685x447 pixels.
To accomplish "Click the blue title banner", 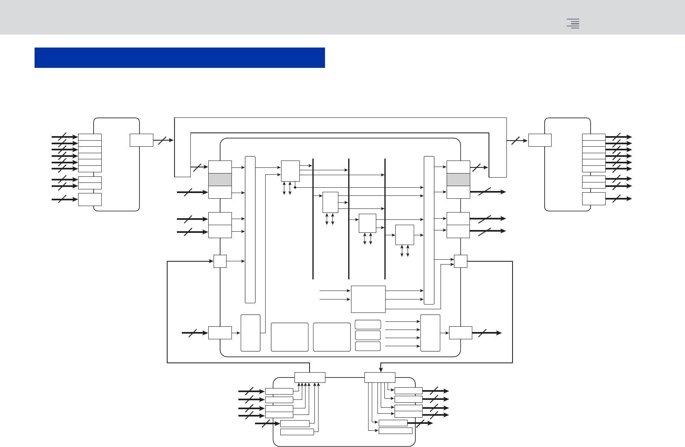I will coord(179,58).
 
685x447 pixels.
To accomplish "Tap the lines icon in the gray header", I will coord(573,24).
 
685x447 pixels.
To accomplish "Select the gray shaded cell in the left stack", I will coord(220,180).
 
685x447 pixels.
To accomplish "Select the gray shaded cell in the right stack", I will coord(458,180).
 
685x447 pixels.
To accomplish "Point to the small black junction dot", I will coord(295,187).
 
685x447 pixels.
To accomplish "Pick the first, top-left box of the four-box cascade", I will coord(290,171).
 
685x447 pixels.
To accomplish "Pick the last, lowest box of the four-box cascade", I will coord(405,235).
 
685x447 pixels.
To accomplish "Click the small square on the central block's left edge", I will coord(220,261).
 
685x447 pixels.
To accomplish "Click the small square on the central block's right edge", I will coord(460,261).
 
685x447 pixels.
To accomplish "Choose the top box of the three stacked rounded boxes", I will coord(368,324).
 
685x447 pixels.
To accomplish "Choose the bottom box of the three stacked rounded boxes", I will coord(368,346).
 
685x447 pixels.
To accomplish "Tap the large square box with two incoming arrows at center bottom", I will coord(368,299).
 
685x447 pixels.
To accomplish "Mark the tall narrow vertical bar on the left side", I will coord(250,230).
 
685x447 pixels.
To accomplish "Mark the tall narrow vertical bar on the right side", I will coord(429,230).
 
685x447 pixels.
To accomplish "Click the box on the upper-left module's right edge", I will coord(142,140).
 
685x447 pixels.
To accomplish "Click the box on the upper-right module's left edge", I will coord(540,140).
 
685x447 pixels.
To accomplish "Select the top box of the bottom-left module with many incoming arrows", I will coord(310,378).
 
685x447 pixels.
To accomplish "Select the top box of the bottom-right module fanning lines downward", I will coord(380,378).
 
